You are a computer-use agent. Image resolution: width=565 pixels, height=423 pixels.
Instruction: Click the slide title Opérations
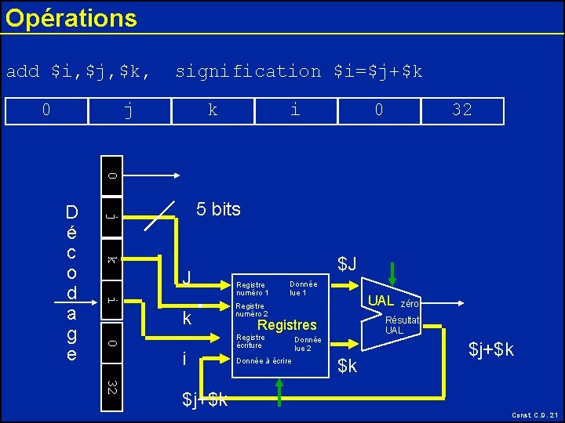71,17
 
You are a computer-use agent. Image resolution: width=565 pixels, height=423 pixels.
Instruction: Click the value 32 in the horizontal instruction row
462,110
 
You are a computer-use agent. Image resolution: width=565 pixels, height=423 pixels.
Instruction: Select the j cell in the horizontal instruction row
129,110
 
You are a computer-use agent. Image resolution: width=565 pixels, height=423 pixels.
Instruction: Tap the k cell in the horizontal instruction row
213,110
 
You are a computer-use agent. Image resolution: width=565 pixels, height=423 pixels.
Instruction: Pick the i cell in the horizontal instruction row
294,110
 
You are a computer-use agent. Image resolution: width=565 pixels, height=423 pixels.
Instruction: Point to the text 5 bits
218,209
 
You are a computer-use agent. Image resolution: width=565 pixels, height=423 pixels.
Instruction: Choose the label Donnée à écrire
264,361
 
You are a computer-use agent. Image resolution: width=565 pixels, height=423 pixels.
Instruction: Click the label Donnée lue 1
303,287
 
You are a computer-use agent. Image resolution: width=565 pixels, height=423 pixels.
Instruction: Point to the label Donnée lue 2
307,343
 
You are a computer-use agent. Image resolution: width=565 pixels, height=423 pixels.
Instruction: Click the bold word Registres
287,324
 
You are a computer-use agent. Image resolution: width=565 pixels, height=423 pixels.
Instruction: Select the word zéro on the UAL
410,303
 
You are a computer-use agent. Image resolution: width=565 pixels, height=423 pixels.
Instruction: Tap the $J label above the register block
347,265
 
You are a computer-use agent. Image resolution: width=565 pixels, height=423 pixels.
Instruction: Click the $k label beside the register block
347,365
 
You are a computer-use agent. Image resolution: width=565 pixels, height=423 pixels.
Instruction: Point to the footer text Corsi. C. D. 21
534,415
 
